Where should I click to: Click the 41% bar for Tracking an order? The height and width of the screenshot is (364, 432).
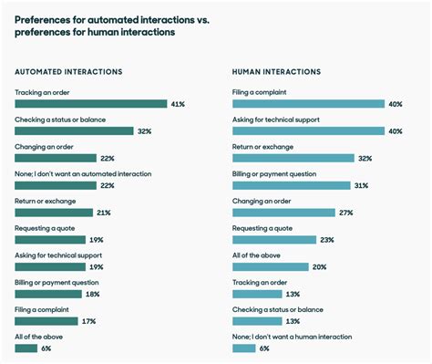click(90, 104)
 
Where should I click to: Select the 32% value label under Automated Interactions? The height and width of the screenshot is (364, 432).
click(145, 130)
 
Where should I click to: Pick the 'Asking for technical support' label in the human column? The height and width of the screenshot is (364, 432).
click(276, 120)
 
